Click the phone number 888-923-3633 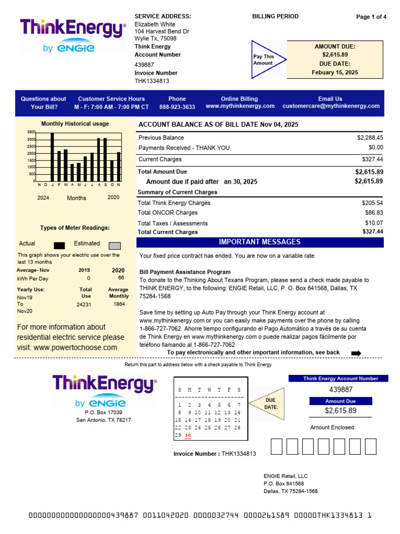click(x=177, y=106)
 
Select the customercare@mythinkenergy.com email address click(x=331, y=106)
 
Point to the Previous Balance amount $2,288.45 click(x=370, y=138)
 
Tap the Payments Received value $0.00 click(x=374, y=148)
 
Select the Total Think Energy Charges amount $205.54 click(x=372, y=203)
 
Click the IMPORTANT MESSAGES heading click(x=259, y=242)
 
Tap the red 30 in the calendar click(x=188, y=435)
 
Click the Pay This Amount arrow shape click(x=267, y=60)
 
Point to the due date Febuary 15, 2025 click(x=335, y=72)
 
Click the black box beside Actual click(x=59, y=245)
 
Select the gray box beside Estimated click(x=115, y=245)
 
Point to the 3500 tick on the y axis click(x=31, y=132)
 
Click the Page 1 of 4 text click(x=371, y=17)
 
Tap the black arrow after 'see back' click(x=356, y=353)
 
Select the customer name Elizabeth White click(x=155, y=25)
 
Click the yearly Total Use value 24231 click(x=84, y=304)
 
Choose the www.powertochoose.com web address click(x=76, y=348)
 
